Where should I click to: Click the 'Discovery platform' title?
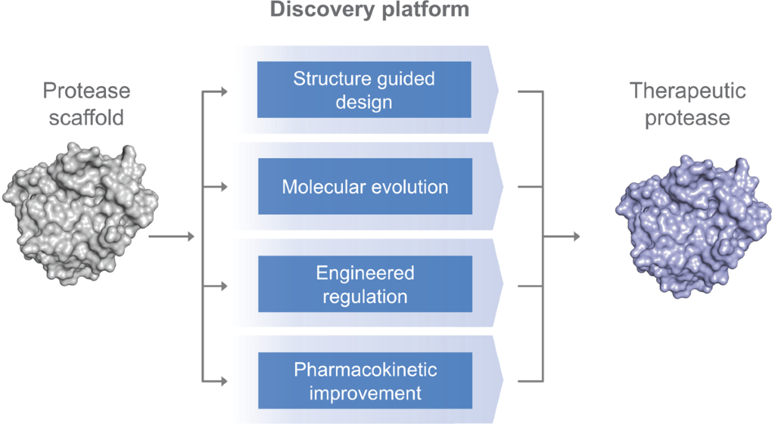[x=369, y=10]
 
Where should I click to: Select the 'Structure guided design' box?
[x=364, y=90]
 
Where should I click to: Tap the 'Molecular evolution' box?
[x=364, y=186]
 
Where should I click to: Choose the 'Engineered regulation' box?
[x=364, y=283]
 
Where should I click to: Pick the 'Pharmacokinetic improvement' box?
[x=364, y=380]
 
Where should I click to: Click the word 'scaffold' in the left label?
[x=86, y=118]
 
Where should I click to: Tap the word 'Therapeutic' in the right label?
[x=687, y=91]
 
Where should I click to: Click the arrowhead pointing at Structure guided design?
[x=223, y=92]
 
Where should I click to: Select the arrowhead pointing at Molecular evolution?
[x=223, y=186]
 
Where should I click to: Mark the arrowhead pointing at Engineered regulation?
[x=223, y=286]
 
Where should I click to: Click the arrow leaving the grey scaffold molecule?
[x=171, y=237]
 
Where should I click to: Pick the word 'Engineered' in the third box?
[x=366, y=273]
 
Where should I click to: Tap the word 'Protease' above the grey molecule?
[x=86, y=91]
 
